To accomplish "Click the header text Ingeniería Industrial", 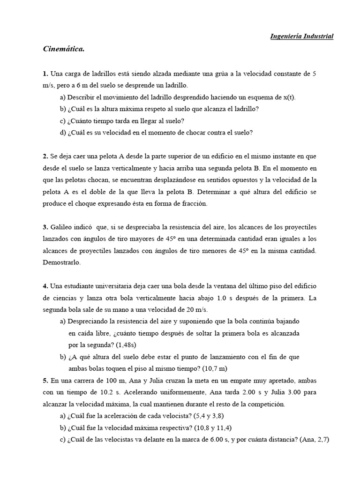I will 302,36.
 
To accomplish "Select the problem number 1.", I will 45,74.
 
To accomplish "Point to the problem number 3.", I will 45,227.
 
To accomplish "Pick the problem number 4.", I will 45,285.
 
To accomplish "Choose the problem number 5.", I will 45,380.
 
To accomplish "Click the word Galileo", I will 63,227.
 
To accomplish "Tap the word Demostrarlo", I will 61,262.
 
